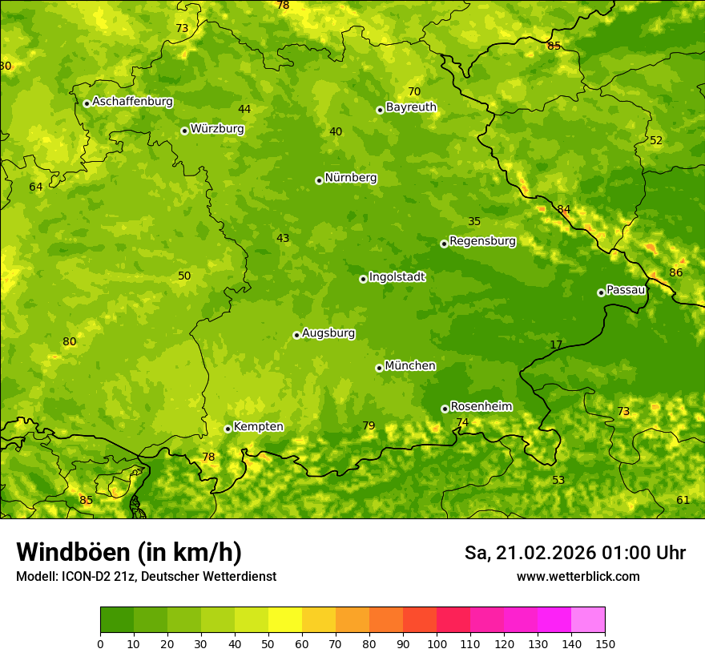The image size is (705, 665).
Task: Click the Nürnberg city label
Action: (350, 178)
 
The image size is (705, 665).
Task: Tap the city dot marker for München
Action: (379, 368)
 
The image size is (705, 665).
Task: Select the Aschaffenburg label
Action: (132, 102)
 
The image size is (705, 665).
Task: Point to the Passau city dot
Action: (601, 292)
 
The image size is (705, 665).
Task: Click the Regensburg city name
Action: (482, 241)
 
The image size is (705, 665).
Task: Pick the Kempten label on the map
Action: (258, 427)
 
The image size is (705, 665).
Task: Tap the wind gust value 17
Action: (556, 345)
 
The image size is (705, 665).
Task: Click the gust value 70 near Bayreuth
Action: (414, 91)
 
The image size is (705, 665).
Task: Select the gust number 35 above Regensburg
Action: (474, 221)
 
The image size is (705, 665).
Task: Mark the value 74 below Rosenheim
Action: (462, 422)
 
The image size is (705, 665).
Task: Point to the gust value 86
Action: (676, 272)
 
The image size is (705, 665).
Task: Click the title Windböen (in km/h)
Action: (129, 552)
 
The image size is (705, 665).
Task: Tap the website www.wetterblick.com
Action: (578, 576)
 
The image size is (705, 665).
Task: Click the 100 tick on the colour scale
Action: (437, 643)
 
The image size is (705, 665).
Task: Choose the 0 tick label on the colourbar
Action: (100, 643)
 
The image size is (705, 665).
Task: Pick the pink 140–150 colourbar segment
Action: (588, 620)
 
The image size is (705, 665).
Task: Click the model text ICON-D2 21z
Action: (97, 576)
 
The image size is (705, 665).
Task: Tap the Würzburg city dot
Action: (184, 131)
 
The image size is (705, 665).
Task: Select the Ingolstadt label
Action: (397, 277)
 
